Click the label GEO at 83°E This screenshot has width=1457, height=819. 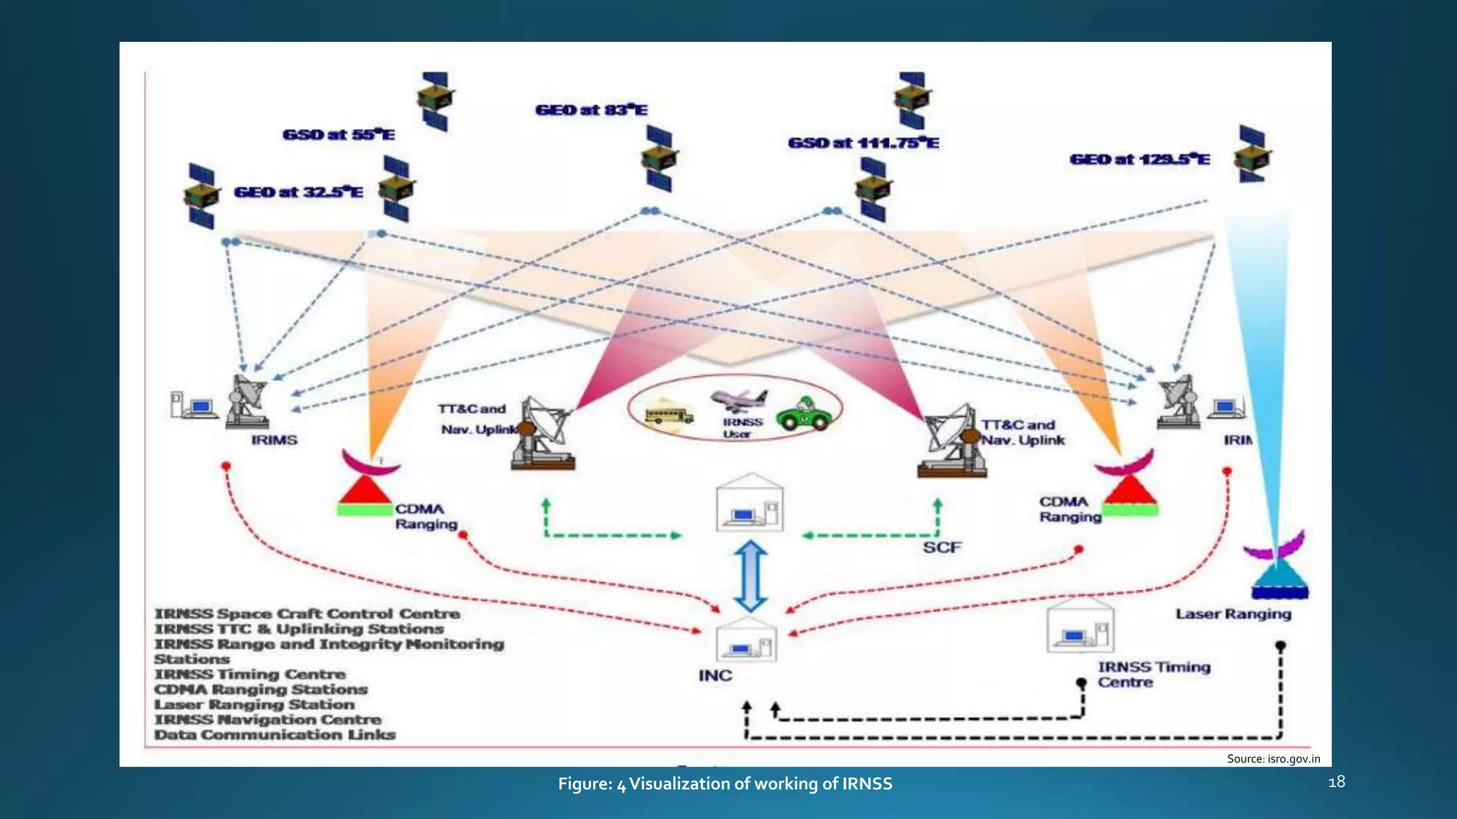[591, 110]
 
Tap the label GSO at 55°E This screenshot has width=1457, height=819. [339, 135]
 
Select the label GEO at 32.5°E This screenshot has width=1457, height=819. [299, 193]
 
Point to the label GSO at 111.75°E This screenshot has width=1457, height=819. [863, 144]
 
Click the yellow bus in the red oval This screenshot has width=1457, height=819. [668, 414]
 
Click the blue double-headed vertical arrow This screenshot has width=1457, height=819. [751, 576]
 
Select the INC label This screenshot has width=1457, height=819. [715, 675]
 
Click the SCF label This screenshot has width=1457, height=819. [942, 547]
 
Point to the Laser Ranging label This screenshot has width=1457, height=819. [1233, 614]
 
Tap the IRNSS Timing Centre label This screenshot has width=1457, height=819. [1153, 675]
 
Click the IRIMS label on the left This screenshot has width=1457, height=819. [274, 441]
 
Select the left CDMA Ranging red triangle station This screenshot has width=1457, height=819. [365, 492]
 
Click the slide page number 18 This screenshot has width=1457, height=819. [1336, 782]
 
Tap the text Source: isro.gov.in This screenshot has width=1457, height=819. [1273, 759]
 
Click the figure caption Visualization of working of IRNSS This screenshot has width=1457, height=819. [725, 783]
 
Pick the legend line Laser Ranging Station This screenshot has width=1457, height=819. [255, 705]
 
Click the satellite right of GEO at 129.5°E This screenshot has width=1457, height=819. [1253, 154]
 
